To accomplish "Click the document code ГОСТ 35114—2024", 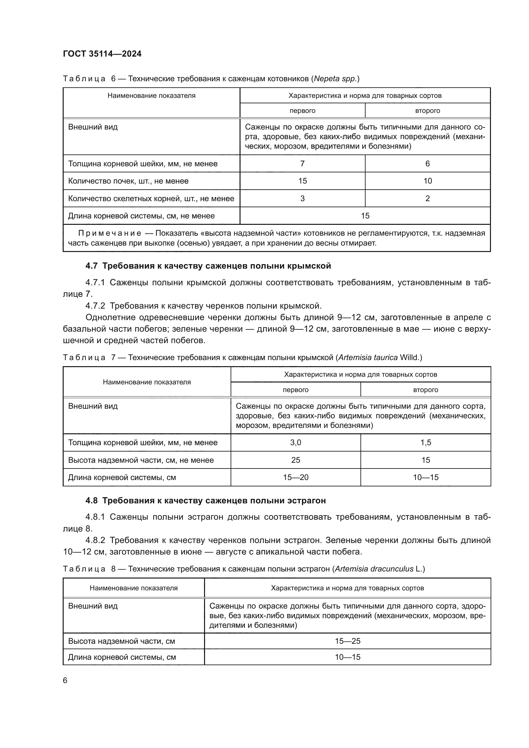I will tap(102, 54).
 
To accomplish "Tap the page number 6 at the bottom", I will tap(65, 680).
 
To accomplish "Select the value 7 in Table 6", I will tap(302, 163).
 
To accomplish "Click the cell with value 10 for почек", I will tap(427, 181).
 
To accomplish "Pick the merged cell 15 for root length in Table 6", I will tap(365, 216).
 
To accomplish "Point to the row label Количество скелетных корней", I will tap(151, 198).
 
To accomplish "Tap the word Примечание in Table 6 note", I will tap(110, 233).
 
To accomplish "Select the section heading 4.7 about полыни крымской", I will tap(208, 266).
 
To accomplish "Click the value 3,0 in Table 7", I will tap(296, 442).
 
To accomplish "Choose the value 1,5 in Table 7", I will tap(425, 442).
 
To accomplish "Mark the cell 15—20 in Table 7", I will tap(296, 477).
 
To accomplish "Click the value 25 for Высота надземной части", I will tap(296, 460).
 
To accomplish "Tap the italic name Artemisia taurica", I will tap(368, 358).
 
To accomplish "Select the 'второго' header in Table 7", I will tap(425, 390).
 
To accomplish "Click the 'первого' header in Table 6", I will tap(302, 110).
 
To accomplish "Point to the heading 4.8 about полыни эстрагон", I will tap(205, 500).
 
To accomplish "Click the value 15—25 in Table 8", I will tap(348, 641).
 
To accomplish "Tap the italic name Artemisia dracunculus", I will tap(374, 569).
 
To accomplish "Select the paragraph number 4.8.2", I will tap(95, 540).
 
